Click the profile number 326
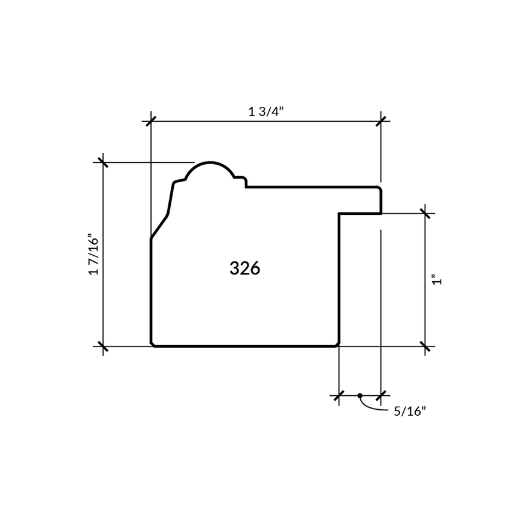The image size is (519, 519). (x=244, y=268)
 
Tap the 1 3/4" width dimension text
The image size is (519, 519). (x=267, y=112)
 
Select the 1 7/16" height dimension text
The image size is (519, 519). (x=94, y=254)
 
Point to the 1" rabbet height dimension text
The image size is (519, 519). (x=437, y=279)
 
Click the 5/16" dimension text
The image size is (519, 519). (x=410, y=412)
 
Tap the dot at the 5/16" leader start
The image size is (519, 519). (x=360, y=395)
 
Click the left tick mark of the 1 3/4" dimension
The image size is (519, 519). (x=151, y=121)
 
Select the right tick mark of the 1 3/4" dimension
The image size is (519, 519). (x=381, y=121)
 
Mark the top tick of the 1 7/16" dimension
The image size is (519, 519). (x=103, y=162)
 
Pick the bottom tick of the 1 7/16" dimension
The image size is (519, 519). (x=103, y=346)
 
